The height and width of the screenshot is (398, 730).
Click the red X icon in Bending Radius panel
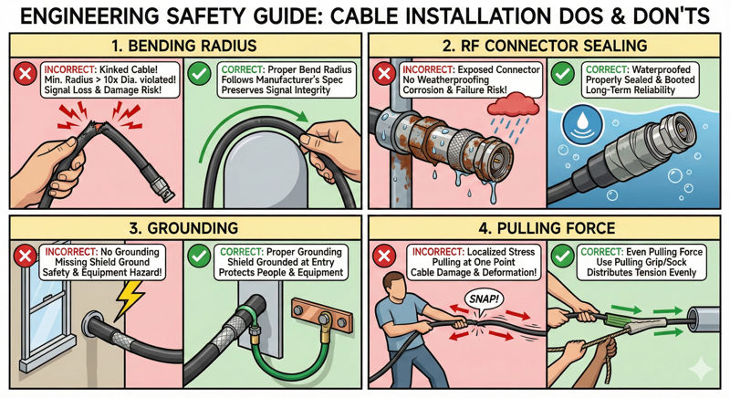coord(26,74)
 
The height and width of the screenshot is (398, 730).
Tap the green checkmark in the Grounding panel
coord(199,256)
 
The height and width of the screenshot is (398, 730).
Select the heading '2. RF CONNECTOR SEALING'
coord(544,46)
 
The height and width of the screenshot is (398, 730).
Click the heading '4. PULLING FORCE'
coord(547,228)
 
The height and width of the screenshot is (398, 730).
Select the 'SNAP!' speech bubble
coord(485,298)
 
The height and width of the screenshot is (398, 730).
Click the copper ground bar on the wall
coord(322,312)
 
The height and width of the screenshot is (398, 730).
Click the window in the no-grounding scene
coord(44,313)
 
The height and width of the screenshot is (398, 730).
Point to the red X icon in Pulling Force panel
coord(384,256)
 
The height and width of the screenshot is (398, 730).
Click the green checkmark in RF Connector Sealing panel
coord(562,74)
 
